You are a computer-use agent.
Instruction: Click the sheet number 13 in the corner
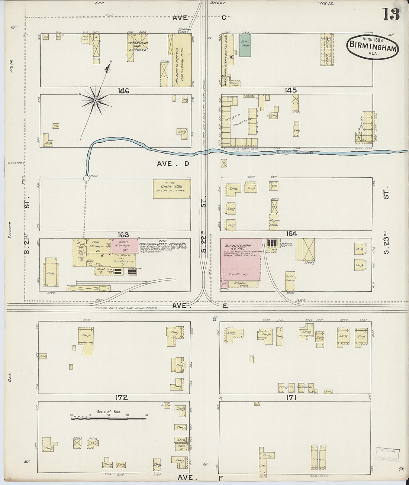(x=390, y=14)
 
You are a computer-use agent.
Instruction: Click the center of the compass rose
(x=96, y=100)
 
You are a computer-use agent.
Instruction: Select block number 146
(x=123, y=91)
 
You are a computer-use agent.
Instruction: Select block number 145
(x=290, y=90)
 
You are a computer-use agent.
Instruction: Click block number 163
(x=123, y=235)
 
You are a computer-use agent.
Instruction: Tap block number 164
(x=291, y=234)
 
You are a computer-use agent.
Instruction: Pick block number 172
(x=121, y=397)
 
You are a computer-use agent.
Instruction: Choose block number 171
(x=291, y=398)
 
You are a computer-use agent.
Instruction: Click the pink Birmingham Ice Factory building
(x=241, y=262)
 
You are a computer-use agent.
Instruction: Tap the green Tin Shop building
(x=245, y=45)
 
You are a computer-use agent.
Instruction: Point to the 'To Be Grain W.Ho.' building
(x=171, y=189)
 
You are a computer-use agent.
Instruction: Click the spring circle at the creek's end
(x=86, y=178)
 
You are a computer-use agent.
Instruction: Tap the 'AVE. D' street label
(x=173, y=164)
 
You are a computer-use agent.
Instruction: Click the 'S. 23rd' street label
(x=387, y=245)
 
